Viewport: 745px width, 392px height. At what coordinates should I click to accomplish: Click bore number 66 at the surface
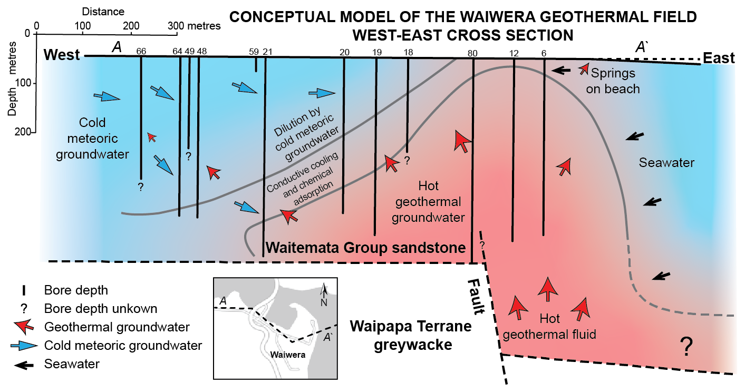tap(141, 51)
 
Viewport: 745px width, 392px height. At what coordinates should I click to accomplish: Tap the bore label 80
tap(472, 53)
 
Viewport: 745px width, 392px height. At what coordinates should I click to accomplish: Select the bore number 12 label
tap(514, 53)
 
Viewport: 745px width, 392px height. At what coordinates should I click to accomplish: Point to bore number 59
tap(254, 51)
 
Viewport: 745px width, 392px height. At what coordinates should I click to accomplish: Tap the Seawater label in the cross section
tap(666, 163)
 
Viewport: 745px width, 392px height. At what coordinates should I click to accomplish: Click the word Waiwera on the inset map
tap(288, 354)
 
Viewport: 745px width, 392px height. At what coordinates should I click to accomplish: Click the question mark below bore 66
tap(141, 187)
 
